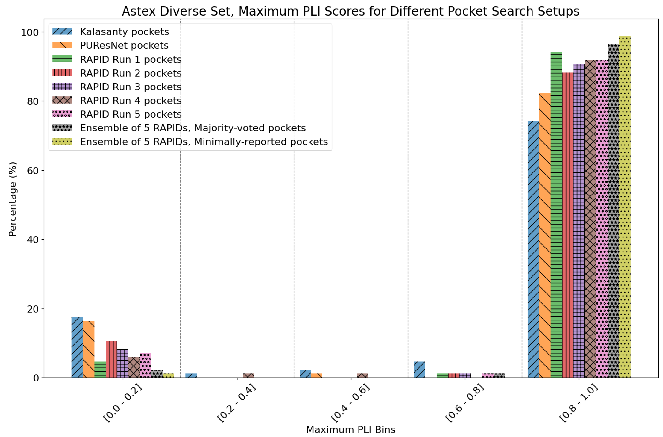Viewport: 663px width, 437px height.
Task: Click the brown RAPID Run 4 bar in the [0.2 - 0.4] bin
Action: click(x=248, y=376)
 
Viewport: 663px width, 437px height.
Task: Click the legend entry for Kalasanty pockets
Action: click(x=124, y=32)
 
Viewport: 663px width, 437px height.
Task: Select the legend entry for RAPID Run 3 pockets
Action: click(x=130, y=87)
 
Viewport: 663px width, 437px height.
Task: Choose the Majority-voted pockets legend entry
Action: click(x=192, y=128)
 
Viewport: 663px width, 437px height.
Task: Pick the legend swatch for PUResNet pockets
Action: click(x=62, y=45)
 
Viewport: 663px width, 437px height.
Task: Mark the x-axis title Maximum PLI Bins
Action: click(x=350, y=430)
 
